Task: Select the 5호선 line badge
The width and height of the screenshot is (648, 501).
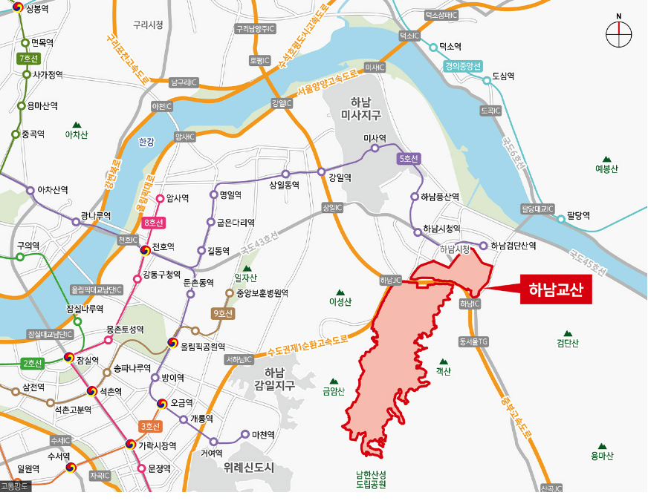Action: [x=409, y=158]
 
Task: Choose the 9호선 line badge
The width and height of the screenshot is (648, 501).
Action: [x=222, y=314]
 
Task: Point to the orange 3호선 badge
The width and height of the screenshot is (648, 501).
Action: [x=151, y=426]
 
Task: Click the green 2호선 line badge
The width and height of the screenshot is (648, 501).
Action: [x=32, y=363]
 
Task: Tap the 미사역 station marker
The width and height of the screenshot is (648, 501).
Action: [x=375, y=148]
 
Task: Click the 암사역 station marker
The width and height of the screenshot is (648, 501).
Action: [x=160, y=198]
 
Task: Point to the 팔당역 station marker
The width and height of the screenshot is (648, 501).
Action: [x=560, y=217]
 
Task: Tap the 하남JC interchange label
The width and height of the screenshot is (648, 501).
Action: [x=390, y=281]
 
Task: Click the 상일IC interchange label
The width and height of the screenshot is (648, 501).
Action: [x=331, y=208]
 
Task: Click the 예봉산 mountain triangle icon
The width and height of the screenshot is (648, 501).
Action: [x=606, y=159]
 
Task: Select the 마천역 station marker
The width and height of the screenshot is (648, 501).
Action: [x=245, y=434]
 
